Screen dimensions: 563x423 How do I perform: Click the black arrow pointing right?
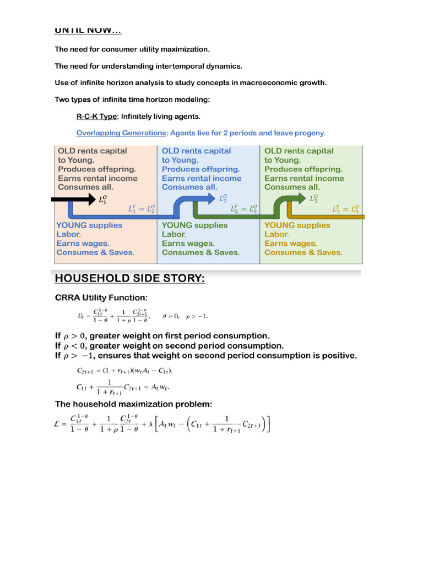click(x=72, y=199)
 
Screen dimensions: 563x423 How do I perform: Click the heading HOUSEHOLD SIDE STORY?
click(x=129, y=279)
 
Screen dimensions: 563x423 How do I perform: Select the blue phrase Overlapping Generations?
click(x=121, y=133)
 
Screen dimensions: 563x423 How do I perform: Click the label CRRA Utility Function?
click(x=101, y=297)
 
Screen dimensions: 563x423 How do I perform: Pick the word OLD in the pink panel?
click(x=67, y=151)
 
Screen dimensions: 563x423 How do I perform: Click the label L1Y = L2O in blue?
click(x=142, y=209)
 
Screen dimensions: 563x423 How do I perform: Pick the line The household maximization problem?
click(x=133, y=404)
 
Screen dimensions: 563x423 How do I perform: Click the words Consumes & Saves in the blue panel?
click(x=200, y=252)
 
